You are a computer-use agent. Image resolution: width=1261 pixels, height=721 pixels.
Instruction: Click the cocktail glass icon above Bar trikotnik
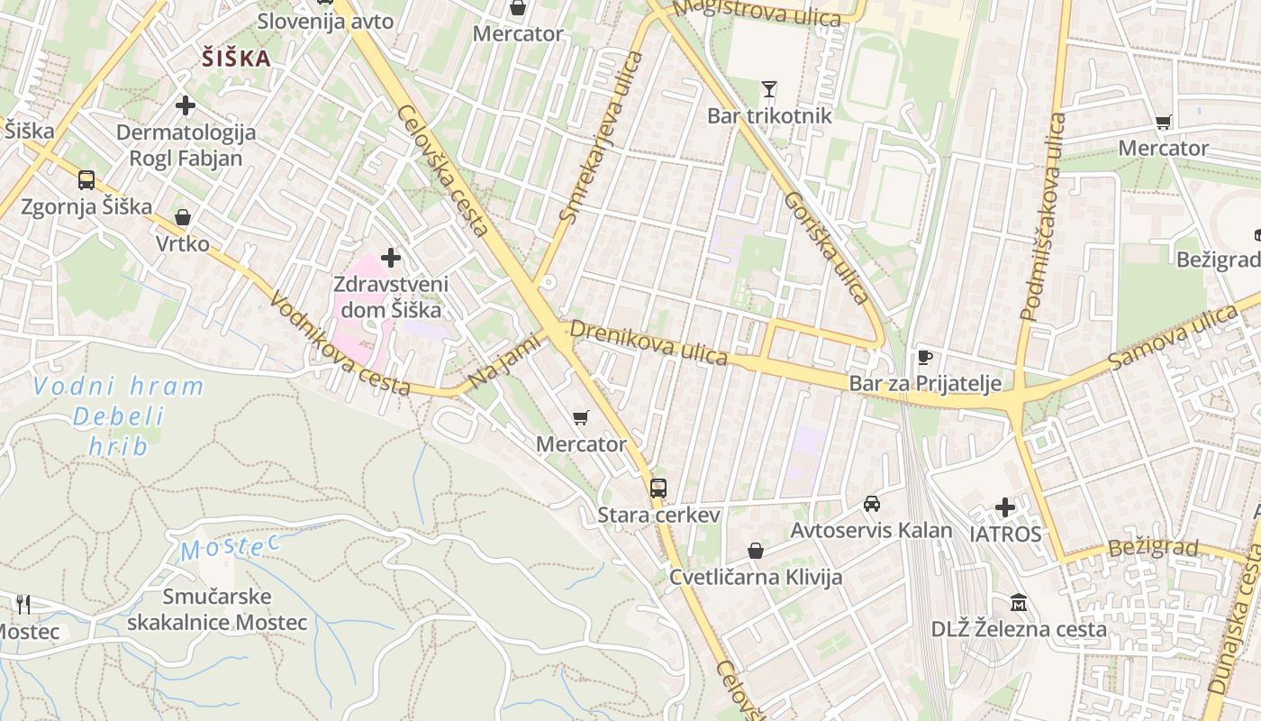pyautogui.click(x=768, y=88)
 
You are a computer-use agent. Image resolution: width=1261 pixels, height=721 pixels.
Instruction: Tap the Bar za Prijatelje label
pyautogui.click(x=925, y=384)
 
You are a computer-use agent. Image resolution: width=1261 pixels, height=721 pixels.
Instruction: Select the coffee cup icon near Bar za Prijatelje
pyautogui.click(x=924, y=356)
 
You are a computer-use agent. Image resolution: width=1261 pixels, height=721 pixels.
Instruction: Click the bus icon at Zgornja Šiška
pyautogui.click(x=86, y=179)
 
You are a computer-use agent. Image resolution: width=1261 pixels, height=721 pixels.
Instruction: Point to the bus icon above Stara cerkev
pyautogui.click(x=658, y=488)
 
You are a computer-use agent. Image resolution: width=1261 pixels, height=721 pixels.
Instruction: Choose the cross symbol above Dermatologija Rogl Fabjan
pyautogui.click(x=186, y=105)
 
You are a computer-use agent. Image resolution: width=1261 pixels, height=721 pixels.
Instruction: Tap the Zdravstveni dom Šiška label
pyautogui.click(x=390, y=297)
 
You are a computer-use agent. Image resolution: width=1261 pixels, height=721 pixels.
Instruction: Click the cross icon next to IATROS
pyautogui.click(x=1005, y=507)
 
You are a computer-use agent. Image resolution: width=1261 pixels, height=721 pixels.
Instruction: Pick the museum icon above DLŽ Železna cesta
pyautogui.click(x=1019, y=601)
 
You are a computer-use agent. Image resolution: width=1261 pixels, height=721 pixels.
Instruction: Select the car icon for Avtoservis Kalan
pyautogui.click(x=871, y=503)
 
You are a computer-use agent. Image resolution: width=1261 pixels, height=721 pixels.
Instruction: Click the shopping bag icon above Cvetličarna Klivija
pyautogui.click(x=755, y=550)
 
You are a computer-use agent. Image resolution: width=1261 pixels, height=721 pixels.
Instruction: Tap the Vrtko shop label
pyautogui.click(x=182, y=244)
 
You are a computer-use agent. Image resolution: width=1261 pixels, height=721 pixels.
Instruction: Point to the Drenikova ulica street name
pyautogui.click(x=649, y=342)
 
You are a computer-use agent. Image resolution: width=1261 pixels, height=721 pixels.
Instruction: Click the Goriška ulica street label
pyautogui.click(x=827, y=247)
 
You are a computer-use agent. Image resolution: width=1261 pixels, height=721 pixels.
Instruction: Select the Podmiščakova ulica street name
pyautogui.click(x=1043, y=216)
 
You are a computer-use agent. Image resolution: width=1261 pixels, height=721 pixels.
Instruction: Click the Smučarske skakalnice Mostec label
pyautogui.click(x=217, y=609)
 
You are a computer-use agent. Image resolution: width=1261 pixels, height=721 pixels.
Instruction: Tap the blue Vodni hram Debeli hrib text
pyautogui.click(x=118, y=415)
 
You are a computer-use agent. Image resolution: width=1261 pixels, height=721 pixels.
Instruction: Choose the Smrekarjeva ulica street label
pyautogui.click(x=601, y=137)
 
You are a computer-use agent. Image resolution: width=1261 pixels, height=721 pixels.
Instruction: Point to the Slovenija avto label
pyautogui.click(x=325, y=21)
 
